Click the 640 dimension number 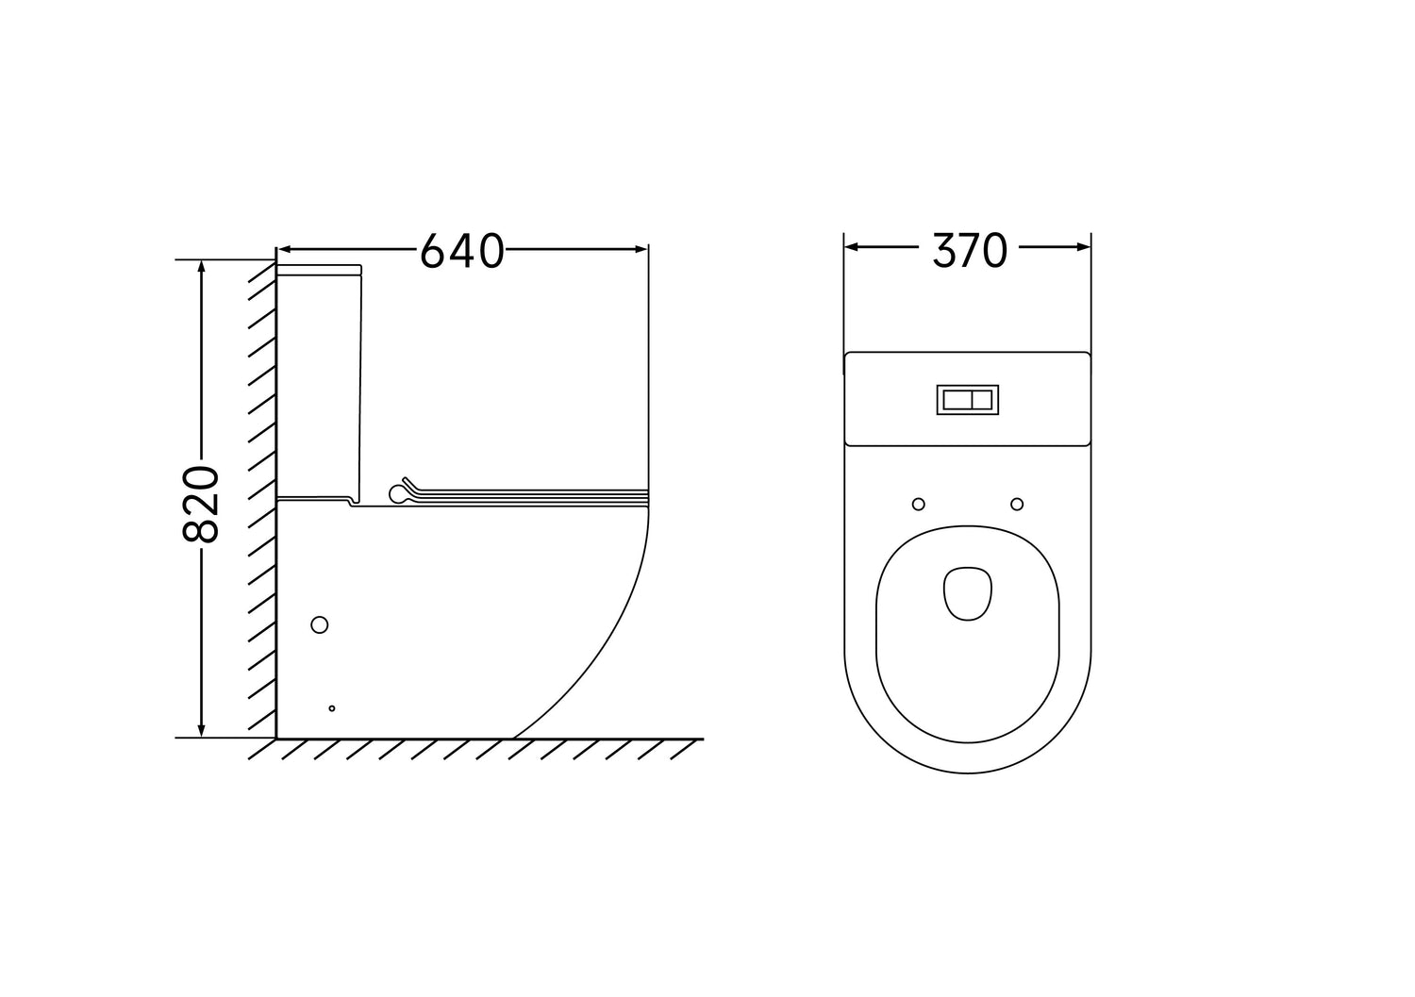pyautogui.click(x=462, y=251)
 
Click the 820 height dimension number pyautogui.click(x=201, y=505)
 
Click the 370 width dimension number pyautogui.click(x=970, y=250)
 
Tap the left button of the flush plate pyautogui.click(x=957, y=399)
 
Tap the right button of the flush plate pyautogui.click(x=982, y=399)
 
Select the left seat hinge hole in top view pyautogui.click(x=919, y=504)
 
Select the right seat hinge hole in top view pyautogui.click(x=1017, y=504)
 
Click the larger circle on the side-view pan pyautogui.click(x=320, y=624)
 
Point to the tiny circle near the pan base pyautogui.click(x=332, y=708)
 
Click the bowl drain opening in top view pyautogui.click(x=968, y=592)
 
